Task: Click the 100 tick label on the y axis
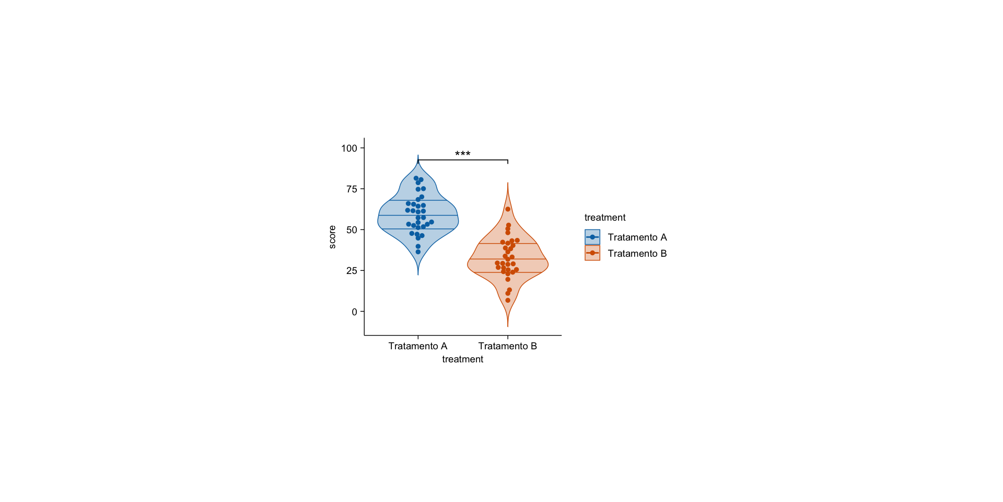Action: pyautogui.click(x=349, y=149)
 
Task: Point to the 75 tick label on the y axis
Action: pyautogui.click(x=352, y=189)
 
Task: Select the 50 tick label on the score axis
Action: pyautogui.click(x=352, y=230)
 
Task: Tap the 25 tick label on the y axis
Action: pyautogui.click(x=352, y=271)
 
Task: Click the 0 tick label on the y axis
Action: pyautogui.click(x=355, y=312)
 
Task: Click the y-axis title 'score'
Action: pyautogui.click(x=332, y=237)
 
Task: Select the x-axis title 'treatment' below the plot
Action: pyautogui.click(x=462, y=359)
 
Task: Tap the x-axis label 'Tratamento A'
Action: pyautogui.click(x=418, y=346)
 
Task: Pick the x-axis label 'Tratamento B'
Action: pyautogui.click(x=508, y=346)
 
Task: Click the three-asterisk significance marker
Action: pyautogui.click(x=462, y=154)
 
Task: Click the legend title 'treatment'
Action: pyautogui.click(x=605, y=218)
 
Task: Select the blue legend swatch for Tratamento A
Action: pyautogui.click(x=592, y=237)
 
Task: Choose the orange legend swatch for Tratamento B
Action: pyautogui.click(x=592, y=253)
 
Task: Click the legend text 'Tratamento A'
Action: pyautogui.click(x=637, y=237)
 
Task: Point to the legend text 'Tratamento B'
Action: pyautogui.click(x=637, y=254)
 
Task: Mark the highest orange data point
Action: pyautogui.click(x=508, y=209)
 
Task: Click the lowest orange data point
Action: pyautogui.click(x=508, y=300)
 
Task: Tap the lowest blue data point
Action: pyautogui.click(x=418, y=252)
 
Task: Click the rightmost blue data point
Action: pyautogui.click(x=431, y=222)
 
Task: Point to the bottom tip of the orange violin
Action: pyautogui.click(x=508, y=326)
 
